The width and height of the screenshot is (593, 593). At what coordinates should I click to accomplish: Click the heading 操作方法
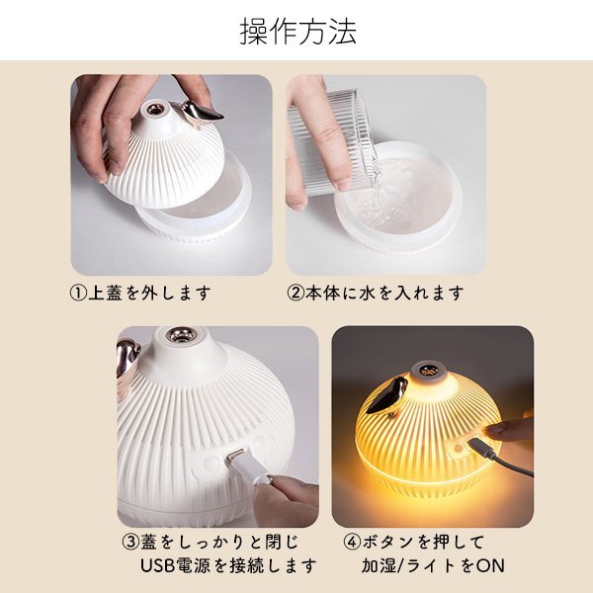point(298,32)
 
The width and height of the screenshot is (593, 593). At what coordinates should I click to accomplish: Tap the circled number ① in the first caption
point(79,294)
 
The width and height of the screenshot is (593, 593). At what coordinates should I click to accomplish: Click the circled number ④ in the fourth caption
point(353,542)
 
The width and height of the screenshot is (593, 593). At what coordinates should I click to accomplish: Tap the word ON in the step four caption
point(490,565)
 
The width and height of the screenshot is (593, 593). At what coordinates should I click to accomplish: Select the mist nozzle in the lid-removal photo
point(154,109)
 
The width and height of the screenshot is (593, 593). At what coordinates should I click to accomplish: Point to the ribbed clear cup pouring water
point(329,140)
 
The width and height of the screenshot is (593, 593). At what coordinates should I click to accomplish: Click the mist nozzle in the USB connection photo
point(181,334)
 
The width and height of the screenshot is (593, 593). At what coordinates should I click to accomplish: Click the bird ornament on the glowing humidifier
point(386,396)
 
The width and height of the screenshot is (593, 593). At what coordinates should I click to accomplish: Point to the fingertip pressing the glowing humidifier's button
point(490,429)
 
